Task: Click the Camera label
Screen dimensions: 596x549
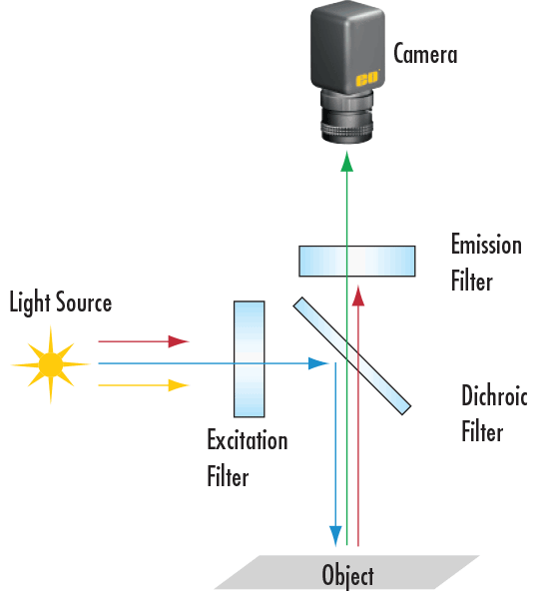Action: [425, 53]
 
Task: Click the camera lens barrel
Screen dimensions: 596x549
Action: [346, 117]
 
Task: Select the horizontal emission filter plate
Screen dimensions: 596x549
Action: [357, 261]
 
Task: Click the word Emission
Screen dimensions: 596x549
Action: [486, 245]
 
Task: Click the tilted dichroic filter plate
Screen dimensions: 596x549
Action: [351, 355]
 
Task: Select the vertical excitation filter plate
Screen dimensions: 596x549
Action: [249, 358]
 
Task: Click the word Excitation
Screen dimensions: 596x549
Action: [247, 440]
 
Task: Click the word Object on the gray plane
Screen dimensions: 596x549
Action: [347, 576]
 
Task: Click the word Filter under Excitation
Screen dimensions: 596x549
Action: [228, 477]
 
